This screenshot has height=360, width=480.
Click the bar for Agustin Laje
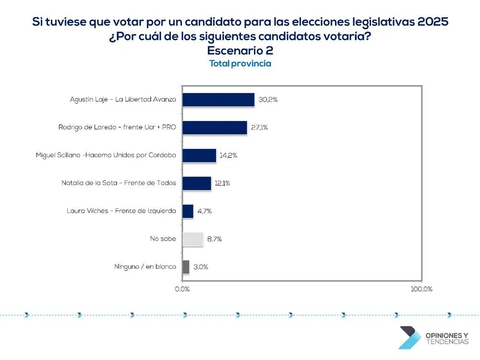click(218, 100)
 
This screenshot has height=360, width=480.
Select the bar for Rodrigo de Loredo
click(215, 128)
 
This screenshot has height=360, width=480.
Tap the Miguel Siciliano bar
click(199, 156)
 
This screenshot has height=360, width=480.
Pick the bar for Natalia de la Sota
click(197, 183)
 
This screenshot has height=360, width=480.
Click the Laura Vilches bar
click(188, 211)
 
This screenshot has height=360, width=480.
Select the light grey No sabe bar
click(193, 239)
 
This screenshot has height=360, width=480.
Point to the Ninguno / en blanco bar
click(186, 267)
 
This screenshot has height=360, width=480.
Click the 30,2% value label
click(268, 100)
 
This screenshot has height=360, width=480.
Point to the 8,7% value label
click(215, 239)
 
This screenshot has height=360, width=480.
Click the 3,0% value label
click(201, 267)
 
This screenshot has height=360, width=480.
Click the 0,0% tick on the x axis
click(182, 289)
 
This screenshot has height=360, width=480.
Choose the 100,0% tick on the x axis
click(422, 289)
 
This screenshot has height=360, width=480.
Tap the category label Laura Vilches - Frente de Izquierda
click(121, 211)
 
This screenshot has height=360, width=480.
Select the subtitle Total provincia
click(240, 64)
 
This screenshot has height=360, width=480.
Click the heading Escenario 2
click(240, 51)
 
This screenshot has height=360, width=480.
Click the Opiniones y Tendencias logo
click(433, 338)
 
